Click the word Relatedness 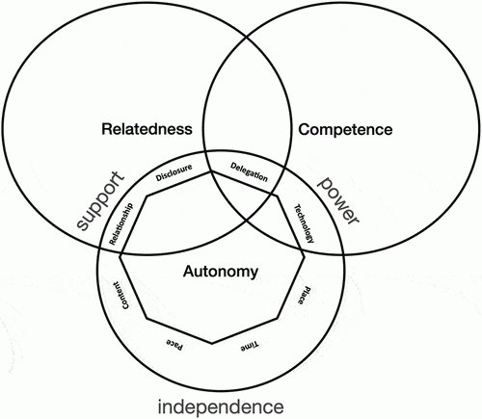point(147,129)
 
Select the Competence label point(345,130)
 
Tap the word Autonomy point(221,272)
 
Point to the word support point(100,200)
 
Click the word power point(338,199)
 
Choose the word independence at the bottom point(221,406)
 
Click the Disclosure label point(174,172)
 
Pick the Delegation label point(249,172)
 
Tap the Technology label point(305,223)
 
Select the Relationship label point(120,224)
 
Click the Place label point(304,295)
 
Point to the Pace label point(174,344)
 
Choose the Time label point(250,346)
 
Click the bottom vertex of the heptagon point(212,344)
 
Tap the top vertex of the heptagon point(211,171)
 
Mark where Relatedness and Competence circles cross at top point(247,37)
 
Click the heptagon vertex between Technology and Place point(304,256)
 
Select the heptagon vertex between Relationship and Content point(120,256)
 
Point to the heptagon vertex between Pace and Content point(147,319)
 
